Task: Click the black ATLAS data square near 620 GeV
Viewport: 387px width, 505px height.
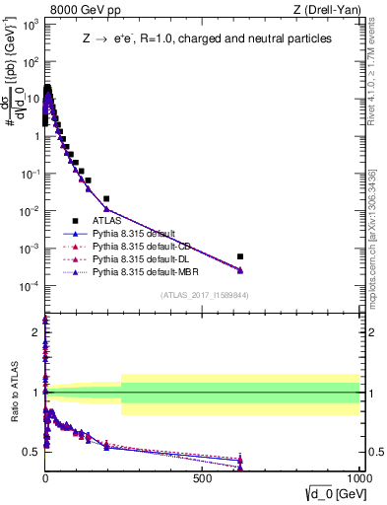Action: (240, 256)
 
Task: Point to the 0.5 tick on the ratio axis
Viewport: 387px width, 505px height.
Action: (32, 452)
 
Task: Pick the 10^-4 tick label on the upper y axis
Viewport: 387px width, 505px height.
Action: (30, 286)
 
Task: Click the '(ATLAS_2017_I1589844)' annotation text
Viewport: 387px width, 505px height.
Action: (204, 295)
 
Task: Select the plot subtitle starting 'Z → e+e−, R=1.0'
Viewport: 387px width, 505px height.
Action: (206, 38)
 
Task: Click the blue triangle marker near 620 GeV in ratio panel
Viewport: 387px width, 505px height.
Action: (240, 461)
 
